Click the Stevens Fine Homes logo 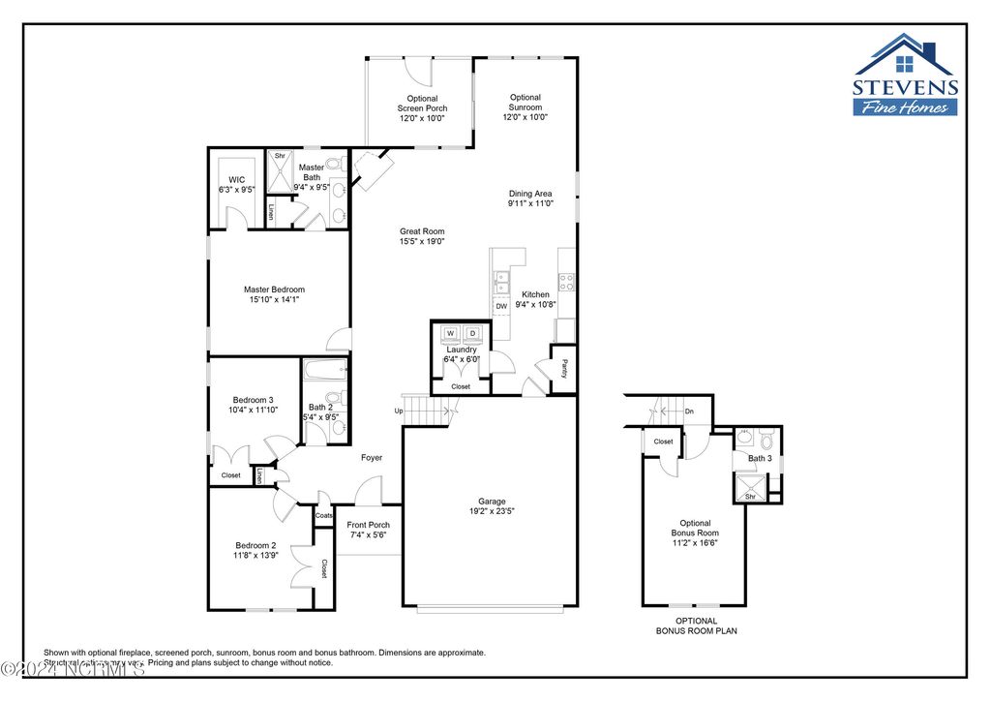[905, 76]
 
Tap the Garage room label [492, 501]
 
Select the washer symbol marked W [450, 334]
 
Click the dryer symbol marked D [473, 334]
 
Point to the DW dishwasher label [501, 306]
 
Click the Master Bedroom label [274, 290]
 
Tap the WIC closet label [236, 180]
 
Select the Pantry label [564, 369]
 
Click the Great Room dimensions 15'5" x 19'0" [422, 242]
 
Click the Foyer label [372, 457]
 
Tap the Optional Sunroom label [525, 98]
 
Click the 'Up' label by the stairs [398, 411]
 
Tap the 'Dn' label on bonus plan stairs [689, 411]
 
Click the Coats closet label [324, 515]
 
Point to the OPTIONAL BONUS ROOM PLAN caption [696, 625]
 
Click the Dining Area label [530, 194]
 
